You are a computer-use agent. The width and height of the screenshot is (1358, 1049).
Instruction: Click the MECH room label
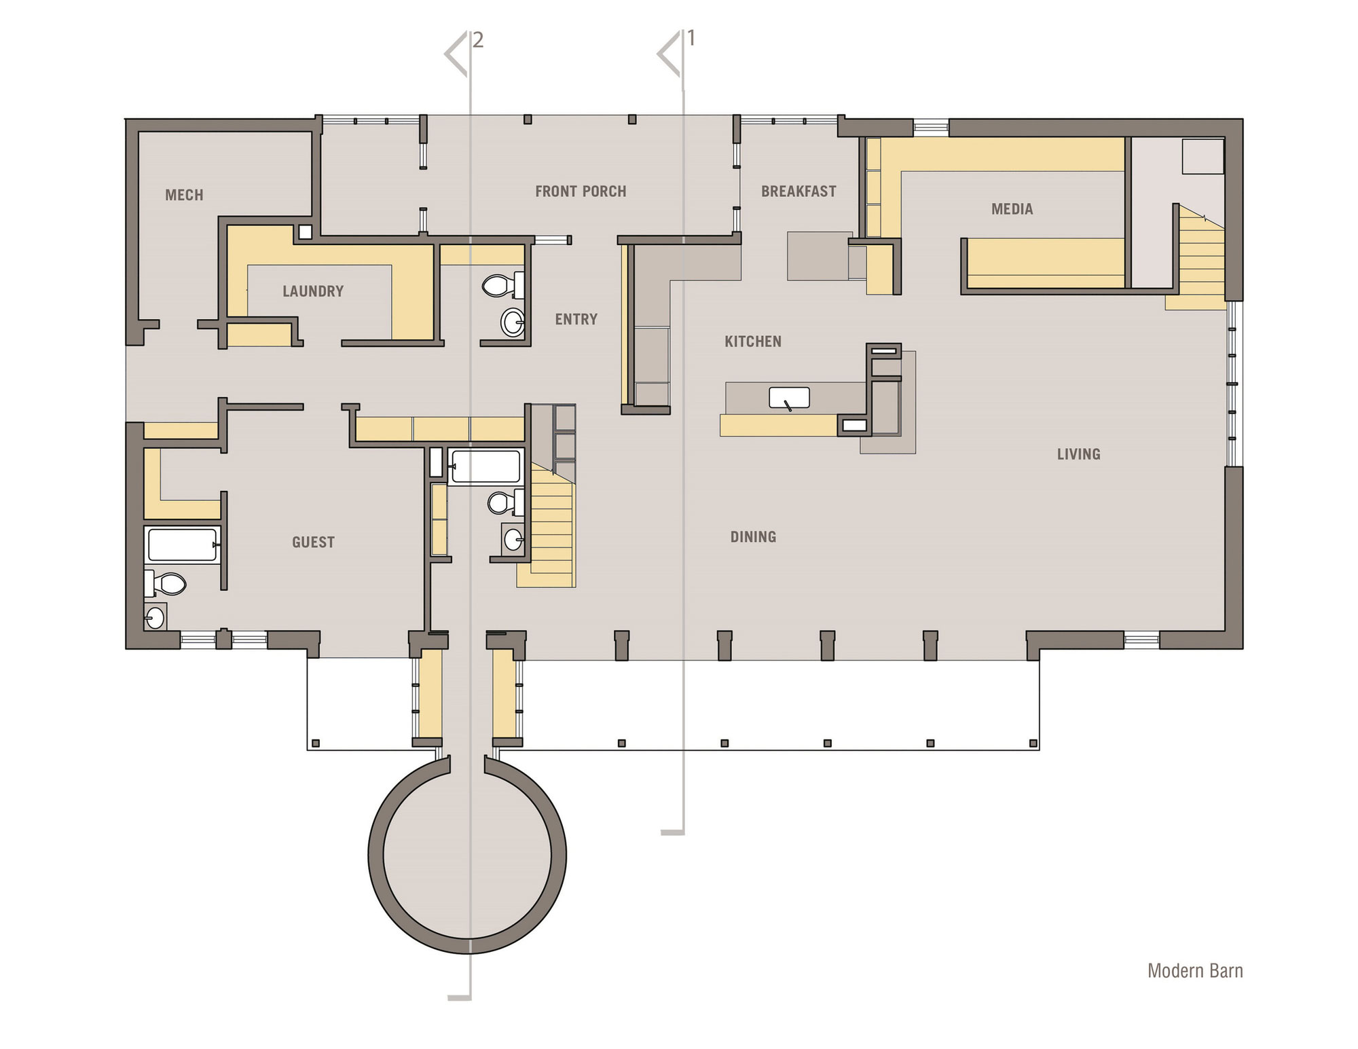coord(184,196)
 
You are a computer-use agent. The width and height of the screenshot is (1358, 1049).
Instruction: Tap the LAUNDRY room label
coord(313,291)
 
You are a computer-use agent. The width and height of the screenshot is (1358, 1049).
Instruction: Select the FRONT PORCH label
coord(581,191)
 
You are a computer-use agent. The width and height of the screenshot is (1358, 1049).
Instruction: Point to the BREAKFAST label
coord(799,191)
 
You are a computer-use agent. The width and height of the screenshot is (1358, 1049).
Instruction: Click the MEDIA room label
coord(1012,209)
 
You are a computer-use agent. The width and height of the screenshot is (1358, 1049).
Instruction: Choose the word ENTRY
coord(576,319)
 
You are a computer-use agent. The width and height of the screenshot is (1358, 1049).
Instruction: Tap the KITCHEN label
coord(753,342)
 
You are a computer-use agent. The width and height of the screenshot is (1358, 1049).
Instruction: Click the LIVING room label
coord(1078,454)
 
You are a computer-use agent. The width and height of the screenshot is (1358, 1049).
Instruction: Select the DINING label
coord(753,537)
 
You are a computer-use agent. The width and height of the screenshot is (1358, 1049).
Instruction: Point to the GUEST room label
coord(313,542)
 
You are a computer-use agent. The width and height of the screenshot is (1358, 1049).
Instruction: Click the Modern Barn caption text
coord(1195,971)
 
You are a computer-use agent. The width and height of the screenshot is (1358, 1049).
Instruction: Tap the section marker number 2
coord(478,40)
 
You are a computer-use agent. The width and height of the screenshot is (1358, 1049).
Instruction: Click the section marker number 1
coord(691,39)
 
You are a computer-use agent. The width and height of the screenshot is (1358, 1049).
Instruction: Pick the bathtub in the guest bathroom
coord(182,545)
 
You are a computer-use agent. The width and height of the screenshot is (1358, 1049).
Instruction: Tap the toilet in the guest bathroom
coord(165,583)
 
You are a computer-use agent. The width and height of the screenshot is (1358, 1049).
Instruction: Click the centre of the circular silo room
coord(467,855)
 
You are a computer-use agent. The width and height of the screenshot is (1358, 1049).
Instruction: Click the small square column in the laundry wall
coord(306,232)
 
